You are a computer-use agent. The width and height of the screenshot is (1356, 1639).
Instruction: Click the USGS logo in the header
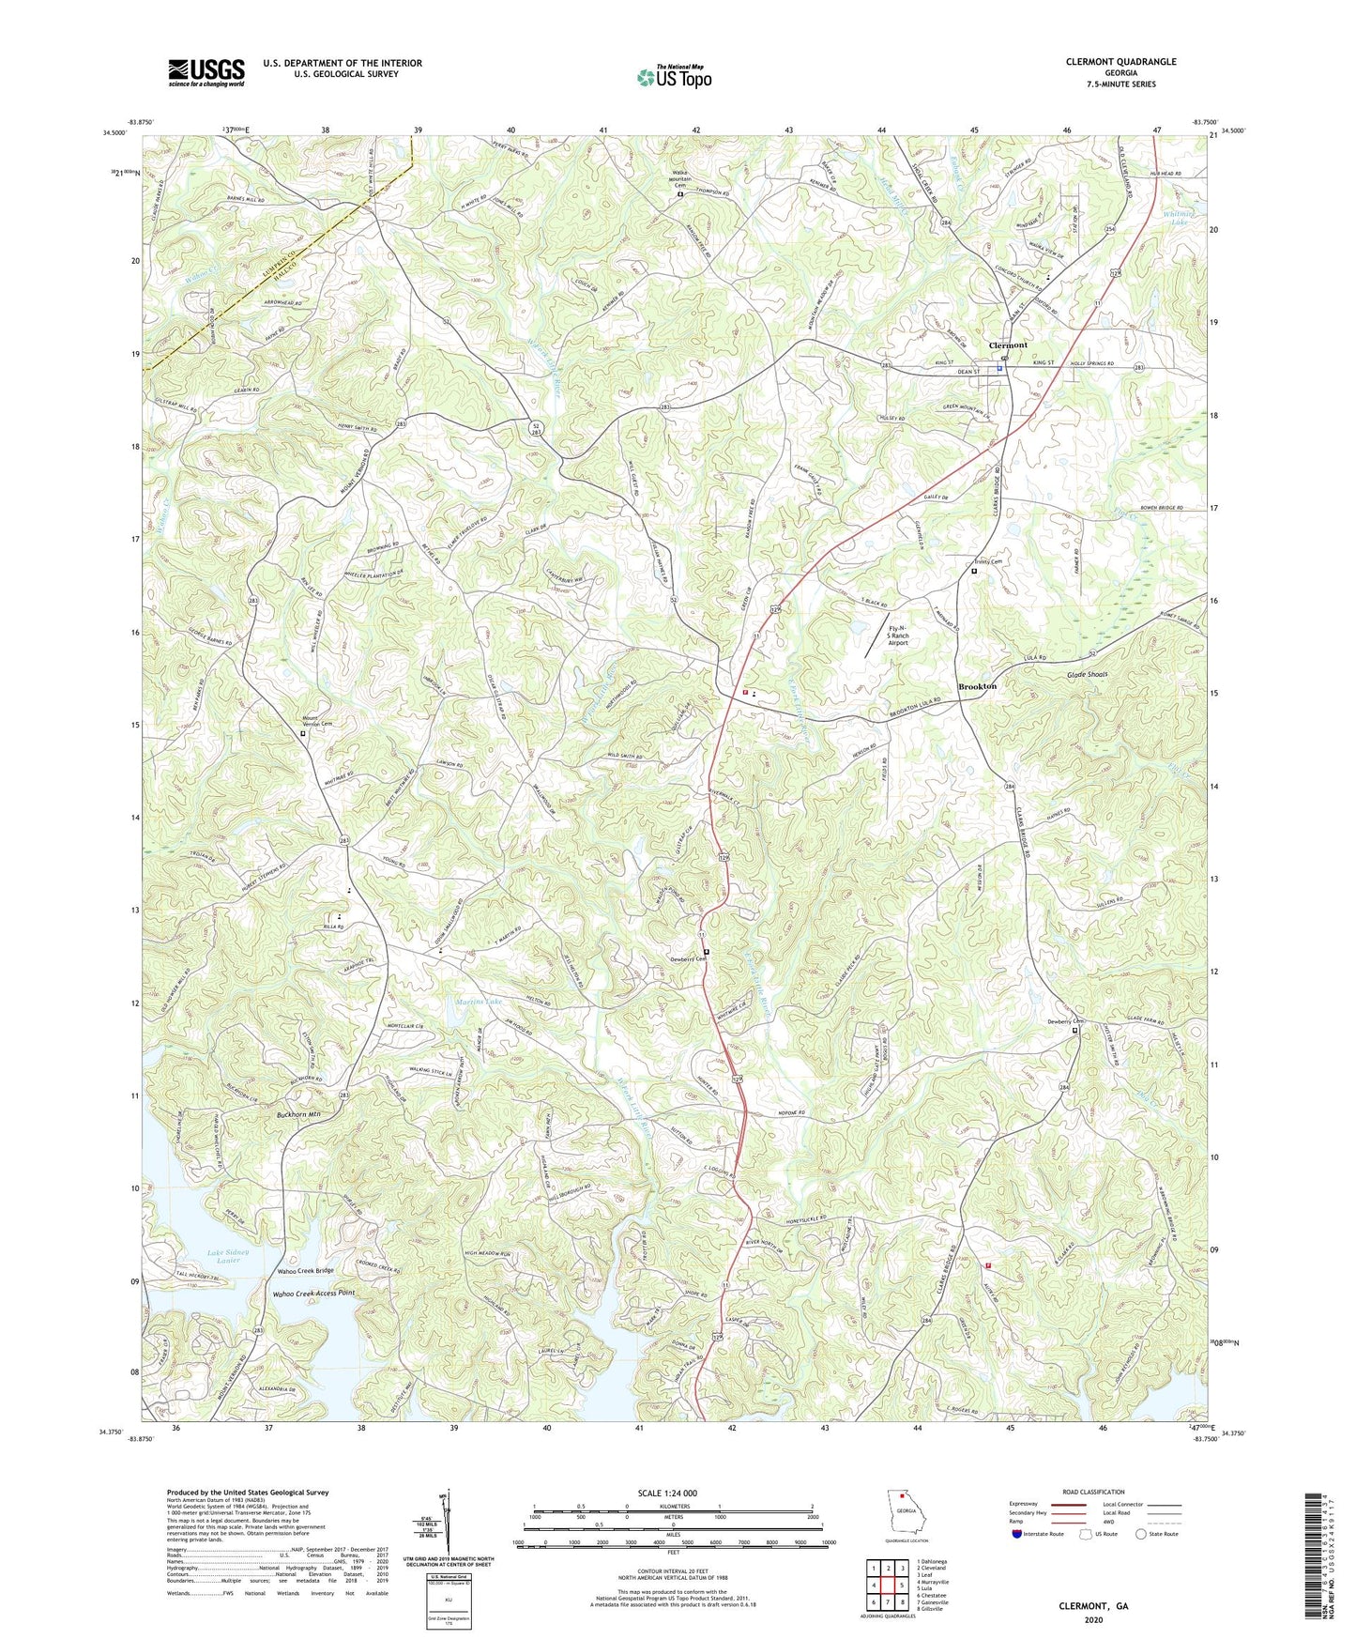(206, 72)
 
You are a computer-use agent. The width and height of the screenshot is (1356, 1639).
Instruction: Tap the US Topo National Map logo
(674, 76)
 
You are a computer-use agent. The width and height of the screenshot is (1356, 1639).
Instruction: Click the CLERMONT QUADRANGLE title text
(1120, 62)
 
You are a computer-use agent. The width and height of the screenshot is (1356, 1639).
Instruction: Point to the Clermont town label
(1008, 345)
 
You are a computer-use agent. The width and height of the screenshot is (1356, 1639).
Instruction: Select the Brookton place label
(977, 687)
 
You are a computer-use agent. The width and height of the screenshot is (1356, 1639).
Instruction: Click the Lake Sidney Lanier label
(228, 1255)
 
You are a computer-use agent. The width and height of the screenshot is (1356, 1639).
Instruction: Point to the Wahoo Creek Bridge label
(305, 1271)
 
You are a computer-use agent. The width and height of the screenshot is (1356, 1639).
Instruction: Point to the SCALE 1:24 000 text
(673, 1493)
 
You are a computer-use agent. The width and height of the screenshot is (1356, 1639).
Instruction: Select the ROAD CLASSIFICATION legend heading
(1093, 1492)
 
